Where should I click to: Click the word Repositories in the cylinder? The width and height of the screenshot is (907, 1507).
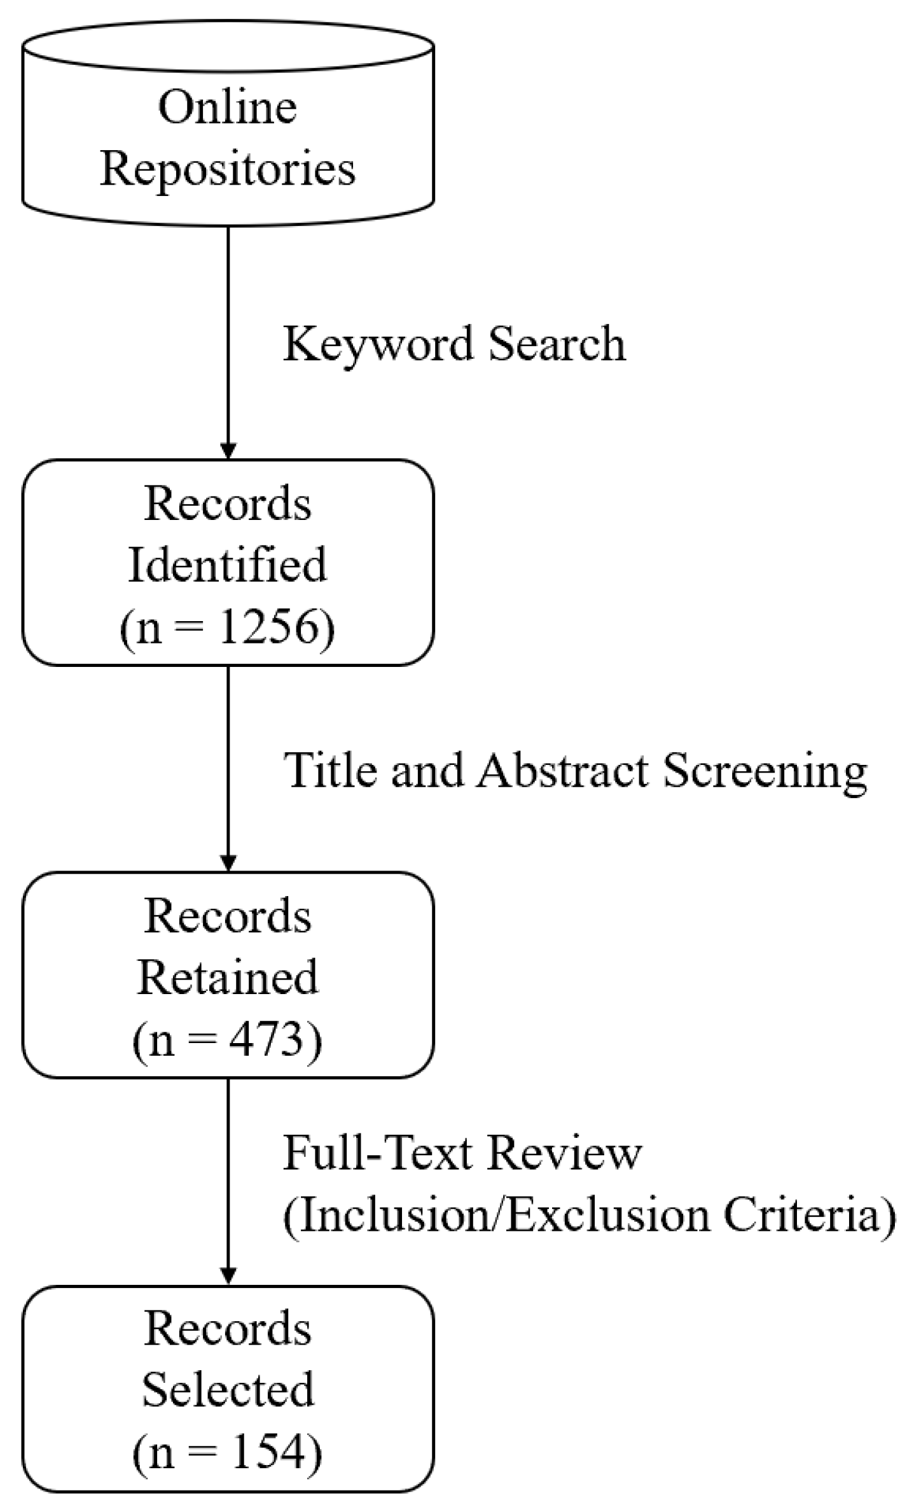[227, 170]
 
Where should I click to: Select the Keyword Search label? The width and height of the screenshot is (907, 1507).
[454, 344]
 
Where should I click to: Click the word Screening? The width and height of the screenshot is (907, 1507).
[765, 771]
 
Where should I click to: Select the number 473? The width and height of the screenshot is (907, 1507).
[260, 1041]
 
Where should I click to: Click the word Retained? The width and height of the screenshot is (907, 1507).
[227, 978]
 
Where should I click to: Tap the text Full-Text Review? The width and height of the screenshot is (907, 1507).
[462, 1153]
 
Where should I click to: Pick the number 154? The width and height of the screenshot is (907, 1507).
[260, 1454]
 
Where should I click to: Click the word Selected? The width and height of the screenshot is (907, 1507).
[227, 1391]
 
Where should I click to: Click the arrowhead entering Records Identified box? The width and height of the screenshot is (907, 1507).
[228, 451]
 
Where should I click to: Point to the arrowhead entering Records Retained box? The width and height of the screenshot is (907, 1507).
[228, 862]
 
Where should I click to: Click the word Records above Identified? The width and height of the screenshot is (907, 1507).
[227, 503]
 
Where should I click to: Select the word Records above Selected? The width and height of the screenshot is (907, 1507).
[227, 1329]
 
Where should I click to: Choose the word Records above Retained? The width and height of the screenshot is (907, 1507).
[227, 916]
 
